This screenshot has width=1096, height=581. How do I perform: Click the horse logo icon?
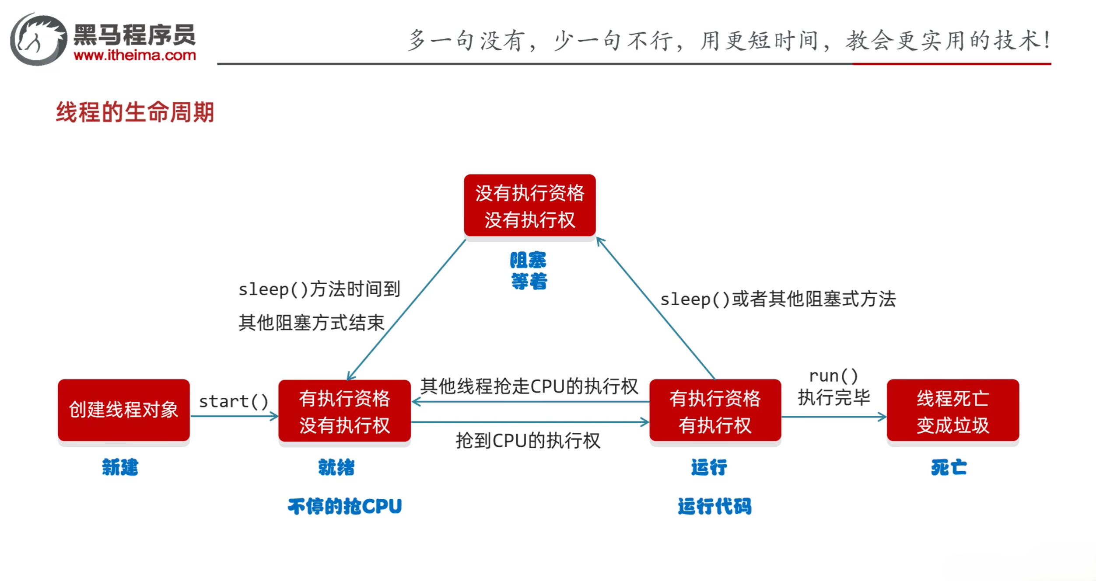39,39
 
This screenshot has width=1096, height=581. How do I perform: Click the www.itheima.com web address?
135,56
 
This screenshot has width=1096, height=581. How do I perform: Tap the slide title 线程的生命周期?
135,112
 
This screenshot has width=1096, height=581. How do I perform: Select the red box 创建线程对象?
124,410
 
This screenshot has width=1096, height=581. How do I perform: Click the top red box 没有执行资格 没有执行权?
529,205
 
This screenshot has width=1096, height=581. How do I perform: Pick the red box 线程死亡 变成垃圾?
952,411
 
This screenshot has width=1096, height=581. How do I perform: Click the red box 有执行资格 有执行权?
715,411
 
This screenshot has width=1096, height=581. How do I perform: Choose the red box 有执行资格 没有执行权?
344,411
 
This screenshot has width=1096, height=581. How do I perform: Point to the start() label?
234,401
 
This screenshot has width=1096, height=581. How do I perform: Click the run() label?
833,376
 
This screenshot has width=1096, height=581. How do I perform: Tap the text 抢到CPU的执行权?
528,441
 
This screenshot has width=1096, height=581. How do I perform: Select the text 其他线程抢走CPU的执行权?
529,386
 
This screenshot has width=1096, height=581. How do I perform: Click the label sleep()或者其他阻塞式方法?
778,299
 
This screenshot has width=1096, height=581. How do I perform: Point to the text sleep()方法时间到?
319,289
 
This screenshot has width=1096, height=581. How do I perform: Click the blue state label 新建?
120,467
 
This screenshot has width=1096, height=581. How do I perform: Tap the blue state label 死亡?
949,467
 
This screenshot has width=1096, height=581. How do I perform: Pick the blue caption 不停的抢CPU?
345,506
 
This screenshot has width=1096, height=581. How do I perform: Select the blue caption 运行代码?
714,506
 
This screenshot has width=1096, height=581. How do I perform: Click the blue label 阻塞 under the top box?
528,260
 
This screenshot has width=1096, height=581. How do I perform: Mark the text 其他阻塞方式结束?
311,323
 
